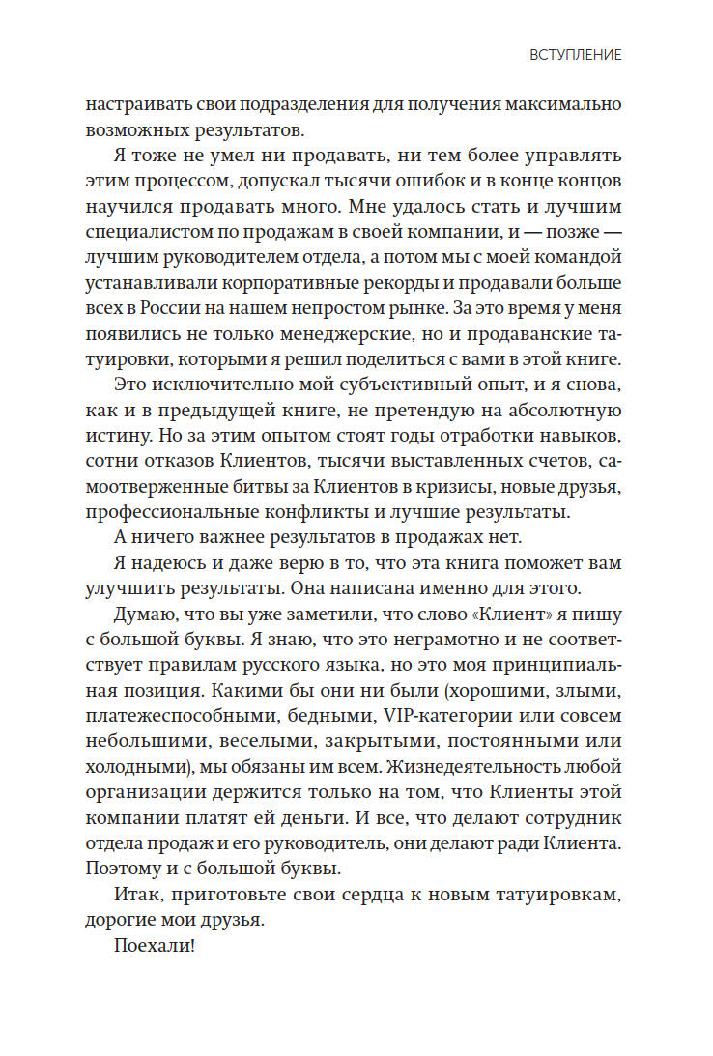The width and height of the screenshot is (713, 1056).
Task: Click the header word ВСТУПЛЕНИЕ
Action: click(576, 56)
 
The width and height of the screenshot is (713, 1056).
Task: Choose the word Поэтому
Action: click(124, 869)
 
